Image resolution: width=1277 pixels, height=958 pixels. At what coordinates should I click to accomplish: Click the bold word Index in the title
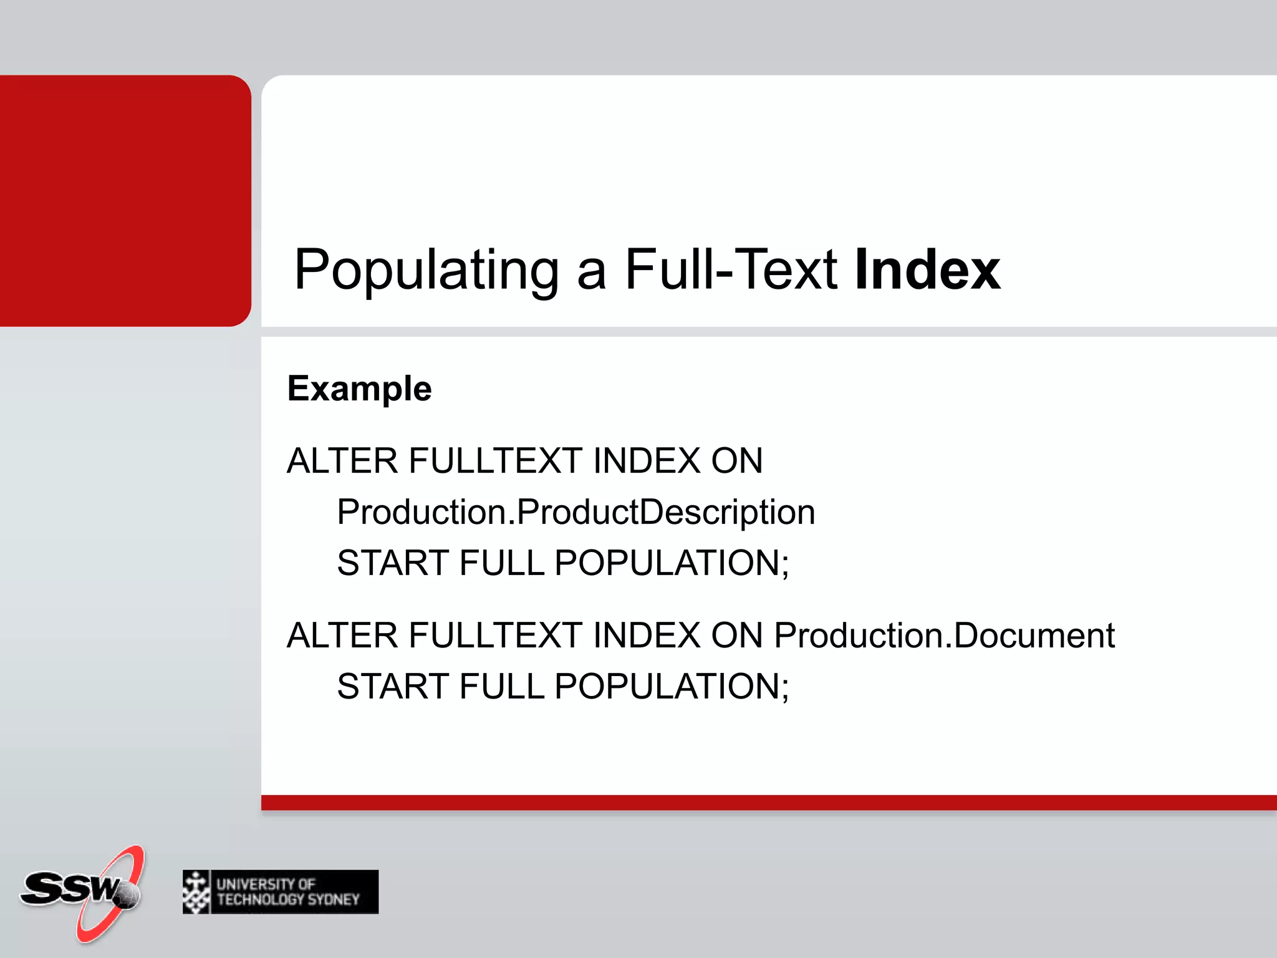[x=927, y=269]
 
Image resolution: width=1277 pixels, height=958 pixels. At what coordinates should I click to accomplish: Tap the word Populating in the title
[x=426, y=269]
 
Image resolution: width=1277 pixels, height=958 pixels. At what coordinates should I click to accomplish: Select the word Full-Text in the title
[x=731, y=269]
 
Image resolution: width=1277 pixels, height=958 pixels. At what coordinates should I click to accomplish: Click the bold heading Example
[x=359, y=389]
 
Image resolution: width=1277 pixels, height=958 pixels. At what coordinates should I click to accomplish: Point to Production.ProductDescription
[x=576, y=512]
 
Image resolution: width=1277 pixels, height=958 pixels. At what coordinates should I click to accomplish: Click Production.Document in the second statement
[x=944, y=636]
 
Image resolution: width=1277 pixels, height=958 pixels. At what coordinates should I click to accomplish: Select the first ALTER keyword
[x=342, y=461]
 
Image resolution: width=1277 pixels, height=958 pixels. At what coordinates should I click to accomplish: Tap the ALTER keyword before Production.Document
[x=342, y=636]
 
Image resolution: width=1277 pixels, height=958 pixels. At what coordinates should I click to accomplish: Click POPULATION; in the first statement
[x=672, y=563]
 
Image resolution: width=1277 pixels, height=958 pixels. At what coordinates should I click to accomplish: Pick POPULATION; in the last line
[x=672, y=686]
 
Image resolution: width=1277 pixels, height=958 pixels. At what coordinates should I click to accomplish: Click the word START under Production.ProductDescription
[x=392, y=563]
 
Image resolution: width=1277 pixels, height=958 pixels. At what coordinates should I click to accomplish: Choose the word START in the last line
[x=392, y=686]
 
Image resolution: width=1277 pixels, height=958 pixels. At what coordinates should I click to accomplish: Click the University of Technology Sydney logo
[x=281, y=892]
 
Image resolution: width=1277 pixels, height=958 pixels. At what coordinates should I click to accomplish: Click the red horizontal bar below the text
[x=767, y=803]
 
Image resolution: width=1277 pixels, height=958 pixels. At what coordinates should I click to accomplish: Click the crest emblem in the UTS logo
[x=196, y=892]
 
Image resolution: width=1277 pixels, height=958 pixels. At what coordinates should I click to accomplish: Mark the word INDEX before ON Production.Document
[x=647, y=636]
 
